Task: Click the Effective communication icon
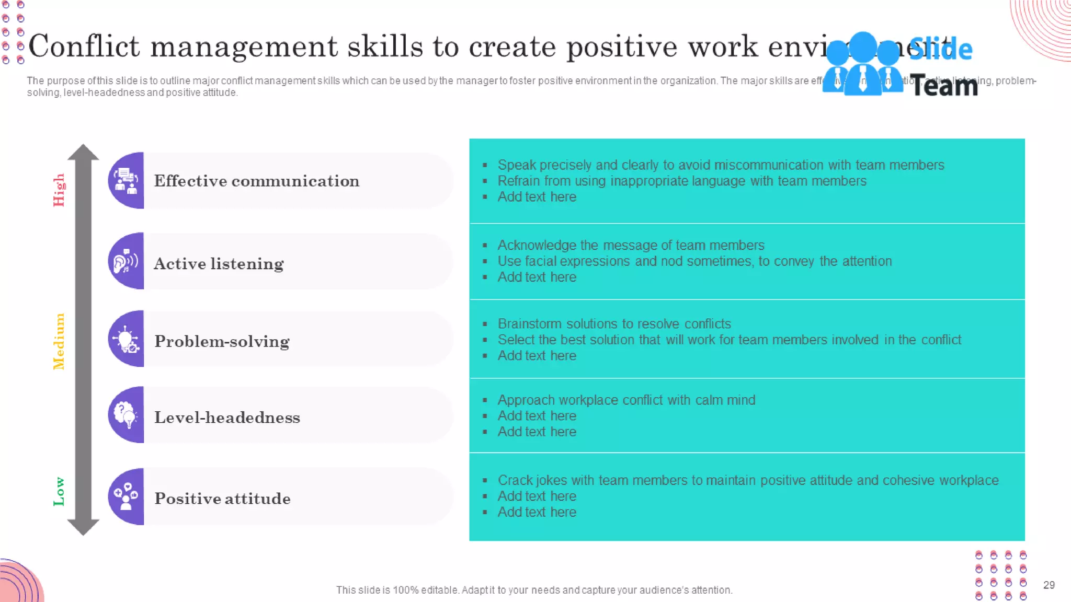click(126, 181)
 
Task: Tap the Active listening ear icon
click(126, 261)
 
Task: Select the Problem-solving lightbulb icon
click(126, 339)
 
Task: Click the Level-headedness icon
click(126, 415)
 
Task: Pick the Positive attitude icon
click(126, 496)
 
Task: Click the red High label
click(59, 190)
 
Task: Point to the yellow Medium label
click(59, 341)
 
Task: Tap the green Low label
click(59, 491)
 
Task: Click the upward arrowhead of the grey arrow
click(83, 152)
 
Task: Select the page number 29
click(1049, 585)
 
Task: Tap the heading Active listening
click(219, 264)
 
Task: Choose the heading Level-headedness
click(227, 418)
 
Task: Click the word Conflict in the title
click(84, 47)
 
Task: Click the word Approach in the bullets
click(526, 400)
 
